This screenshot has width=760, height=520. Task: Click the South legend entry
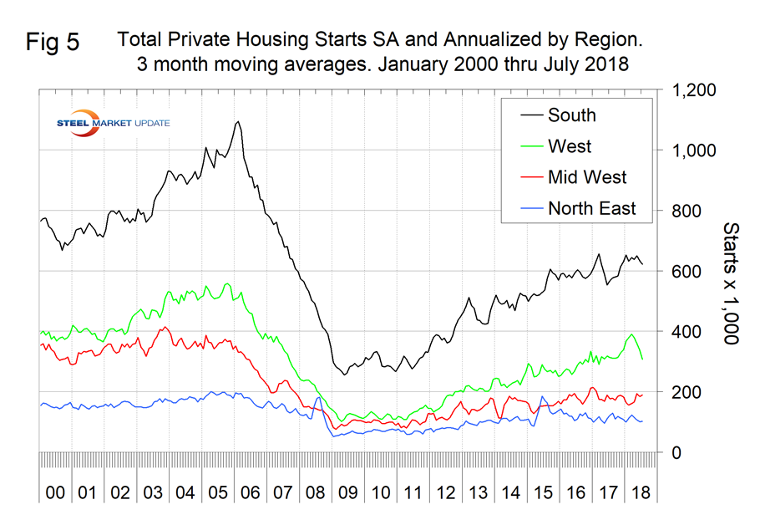(x=571, y=115)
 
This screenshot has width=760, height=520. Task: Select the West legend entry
(x=569, y=146)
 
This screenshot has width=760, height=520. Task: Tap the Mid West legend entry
(x=587, y=177)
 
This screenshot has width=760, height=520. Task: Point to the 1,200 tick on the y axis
(x=693, y=90)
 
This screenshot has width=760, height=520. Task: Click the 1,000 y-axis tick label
(x=693, y=150)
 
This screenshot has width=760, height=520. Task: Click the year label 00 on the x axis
(x=55, y=492)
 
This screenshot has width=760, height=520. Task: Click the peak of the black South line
(x=238, y=122)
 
